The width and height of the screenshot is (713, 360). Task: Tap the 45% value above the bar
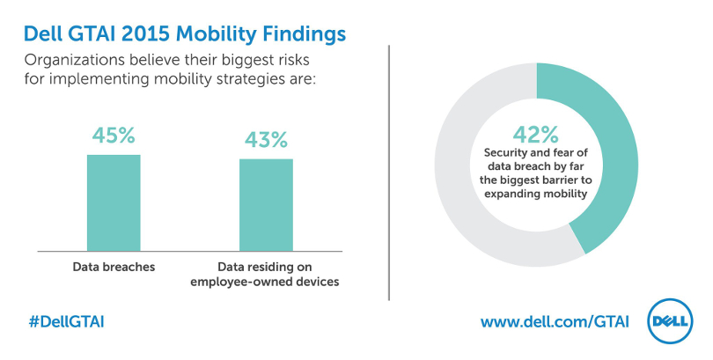[114, 136]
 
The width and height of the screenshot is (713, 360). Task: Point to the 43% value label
[266, 140]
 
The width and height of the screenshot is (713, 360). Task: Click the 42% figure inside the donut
[536, 135]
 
